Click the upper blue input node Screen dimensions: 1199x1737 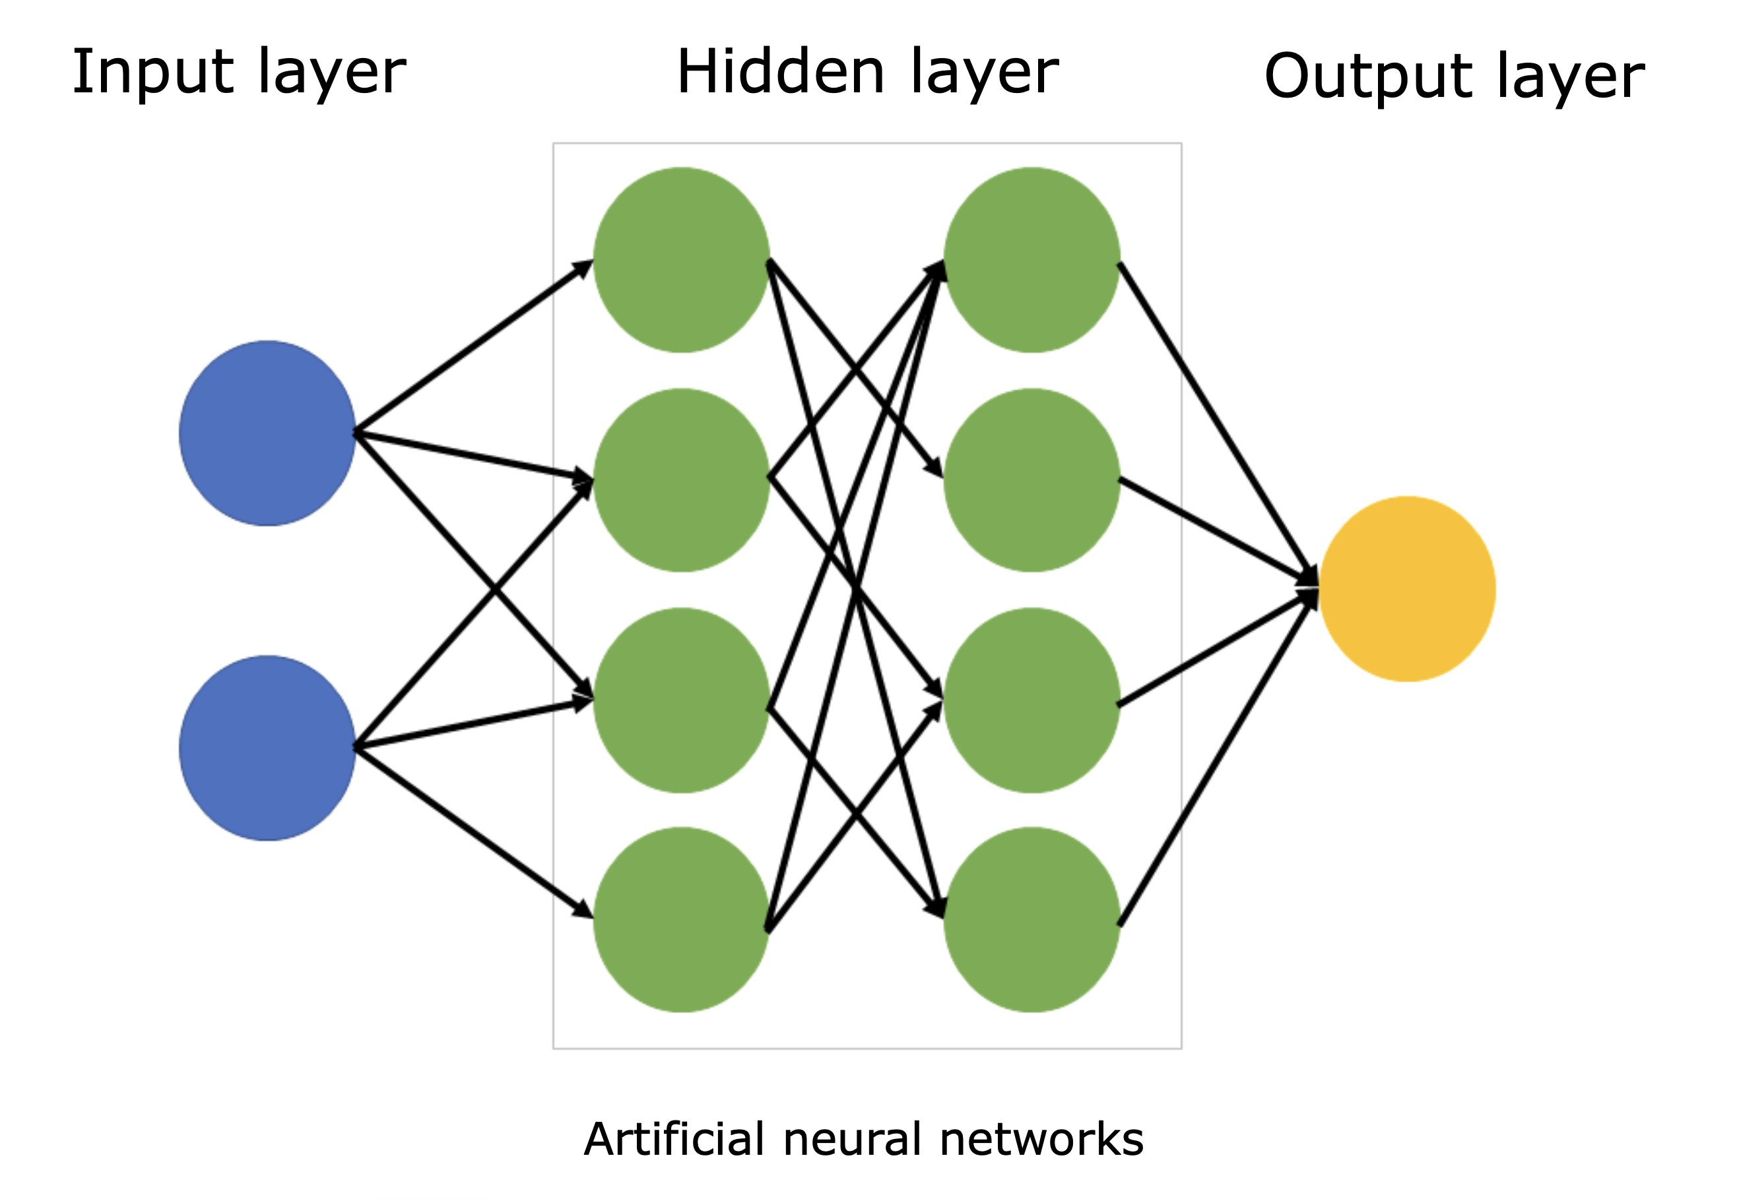click(x=267, y=433)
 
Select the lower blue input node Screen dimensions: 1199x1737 click(x=267, y=749)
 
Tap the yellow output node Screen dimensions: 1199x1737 click(x=1407, y=589)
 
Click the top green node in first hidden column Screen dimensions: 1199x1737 click(x=681, y=260)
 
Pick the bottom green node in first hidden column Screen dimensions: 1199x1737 click(x=681, y=920)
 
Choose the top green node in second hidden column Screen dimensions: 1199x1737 click(x=1032, y=260)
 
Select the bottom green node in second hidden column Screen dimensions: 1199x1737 click(x=1032, y=920)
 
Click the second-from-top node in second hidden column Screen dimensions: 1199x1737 click(x=1032, y=480)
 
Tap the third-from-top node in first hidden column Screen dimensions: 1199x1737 click(x=681, y=700)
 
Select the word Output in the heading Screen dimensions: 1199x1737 click(x=1368, y=77)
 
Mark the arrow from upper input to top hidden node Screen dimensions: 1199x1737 click(x=474, y=346)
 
